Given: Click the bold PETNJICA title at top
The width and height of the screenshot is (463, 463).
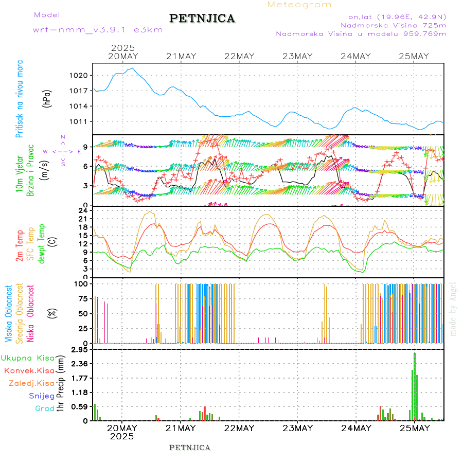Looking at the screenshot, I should click(202, 19).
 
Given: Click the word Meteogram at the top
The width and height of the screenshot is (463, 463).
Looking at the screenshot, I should click(299, 5).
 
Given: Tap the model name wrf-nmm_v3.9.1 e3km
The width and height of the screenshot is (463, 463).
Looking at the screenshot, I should click(98, 30).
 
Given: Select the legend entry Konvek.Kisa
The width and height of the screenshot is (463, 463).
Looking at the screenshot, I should click(29, 370).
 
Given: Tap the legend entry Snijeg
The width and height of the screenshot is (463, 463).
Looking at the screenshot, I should click(42, 396).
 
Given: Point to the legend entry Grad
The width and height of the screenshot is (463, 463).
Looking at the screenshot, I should click(45, 409).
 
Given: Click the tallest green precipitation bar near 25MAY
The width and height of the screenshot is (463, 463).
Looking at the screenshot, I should click(415, 386).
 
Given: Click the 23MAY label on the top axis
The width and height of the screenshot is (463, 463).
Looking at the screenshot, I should click(298, 56).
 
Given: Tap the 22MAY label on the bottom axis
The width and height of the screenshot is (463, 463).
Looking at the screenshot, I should click(239, 428).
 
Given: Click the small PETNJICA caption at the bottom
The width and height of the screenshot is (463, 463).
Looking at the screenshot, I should click(190, 448).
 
